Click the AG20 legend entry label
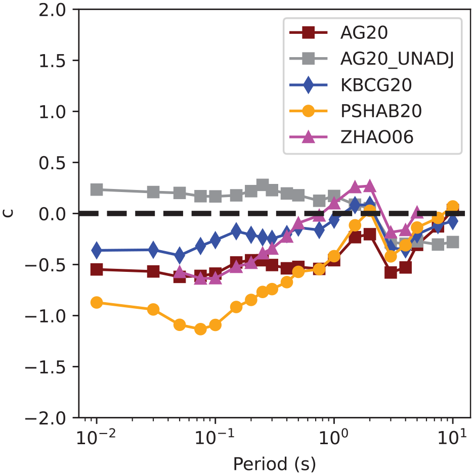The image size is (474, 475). tap(364, 32)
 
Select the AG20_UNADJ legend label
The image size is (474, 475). tap(397, 59)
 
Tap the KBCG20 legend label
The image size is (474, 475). tap(376, 85)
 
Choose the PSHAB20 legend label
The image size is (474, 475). tap(381, 111)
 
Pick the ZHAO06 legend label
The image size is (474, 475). tap(377, 137)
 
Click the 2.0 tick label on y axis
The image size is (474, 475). tap(52, 10)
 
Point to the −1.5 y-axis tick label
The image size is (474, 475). tap(45, 367)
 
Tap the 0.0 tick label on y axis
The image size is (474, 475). tap(52, 214)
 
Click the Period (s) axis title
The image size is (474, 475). tap(275, 464)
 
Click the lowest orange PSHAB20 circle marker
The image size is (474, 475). tap(200, 328)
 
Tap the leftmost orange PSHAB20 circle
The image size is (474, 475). tap(97, 302)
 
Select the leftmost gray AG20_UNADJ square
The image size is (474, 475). tap(97, 189)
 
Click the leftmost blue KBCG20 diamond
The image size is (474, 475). tap(97, 250)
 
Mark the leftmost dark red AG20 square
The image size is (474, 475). tap(97, 269)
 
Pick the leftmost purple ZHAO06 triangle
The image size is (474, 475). tap(180, 272)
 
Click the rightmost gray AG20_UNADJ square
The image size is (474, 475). tap(453, 242)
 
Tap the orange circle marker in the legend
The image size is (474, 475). tap(309, 111)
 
